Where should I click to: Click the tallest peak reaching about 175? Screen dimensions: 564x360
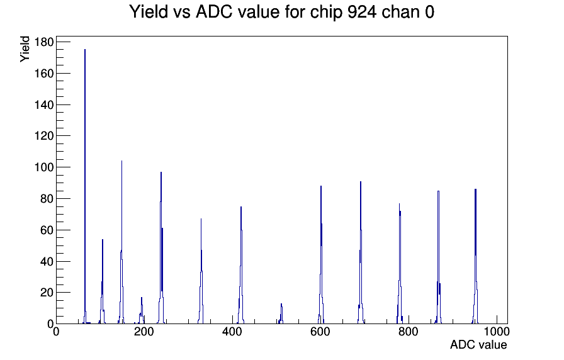[85, 50]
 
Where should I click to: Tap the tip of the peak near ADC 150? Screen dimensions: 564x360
[121, 160]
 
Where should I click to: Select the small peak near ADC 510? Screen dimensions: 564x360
[281, 304]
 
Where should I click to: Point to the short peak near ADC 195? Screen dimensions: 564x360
[142, 298]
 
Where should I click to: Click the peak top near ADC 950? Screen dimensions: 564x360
[475, 189]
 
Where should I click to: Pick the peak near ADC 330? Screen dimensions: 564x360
[201, 219]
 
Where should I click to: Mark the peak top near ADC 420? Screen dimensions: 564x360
[241, 207]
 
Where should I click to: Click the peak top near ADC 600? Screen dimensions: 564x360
[321, 186]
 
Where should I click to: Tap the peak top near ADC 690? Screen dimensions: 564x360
[361, 182]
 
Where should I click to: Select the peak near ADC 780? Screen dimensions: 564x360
[399, 205]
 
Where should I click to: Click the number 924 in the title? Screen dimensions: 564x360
[362, 11]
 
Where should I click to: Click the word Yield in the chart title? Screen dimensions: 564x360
[149, 11]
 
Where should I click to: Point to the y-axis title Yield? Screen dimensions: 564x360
[25, 49]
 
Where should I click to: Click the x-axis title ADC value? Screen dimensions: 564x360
[478, 344]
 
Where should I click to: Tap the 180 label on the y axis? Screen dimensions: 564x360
[43, 42]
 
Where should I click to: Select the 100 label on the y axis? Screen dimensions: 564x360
[43, 167]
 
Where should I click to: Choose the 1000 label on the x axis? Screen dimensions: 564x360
[497, 331]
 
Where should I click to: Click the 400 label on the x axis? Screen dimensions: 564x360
[232, 331]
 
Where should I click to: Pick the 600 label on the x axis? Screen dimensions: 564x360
[320, 331]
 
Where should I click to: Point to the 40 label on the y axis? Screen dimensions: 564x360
[47, 261]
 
